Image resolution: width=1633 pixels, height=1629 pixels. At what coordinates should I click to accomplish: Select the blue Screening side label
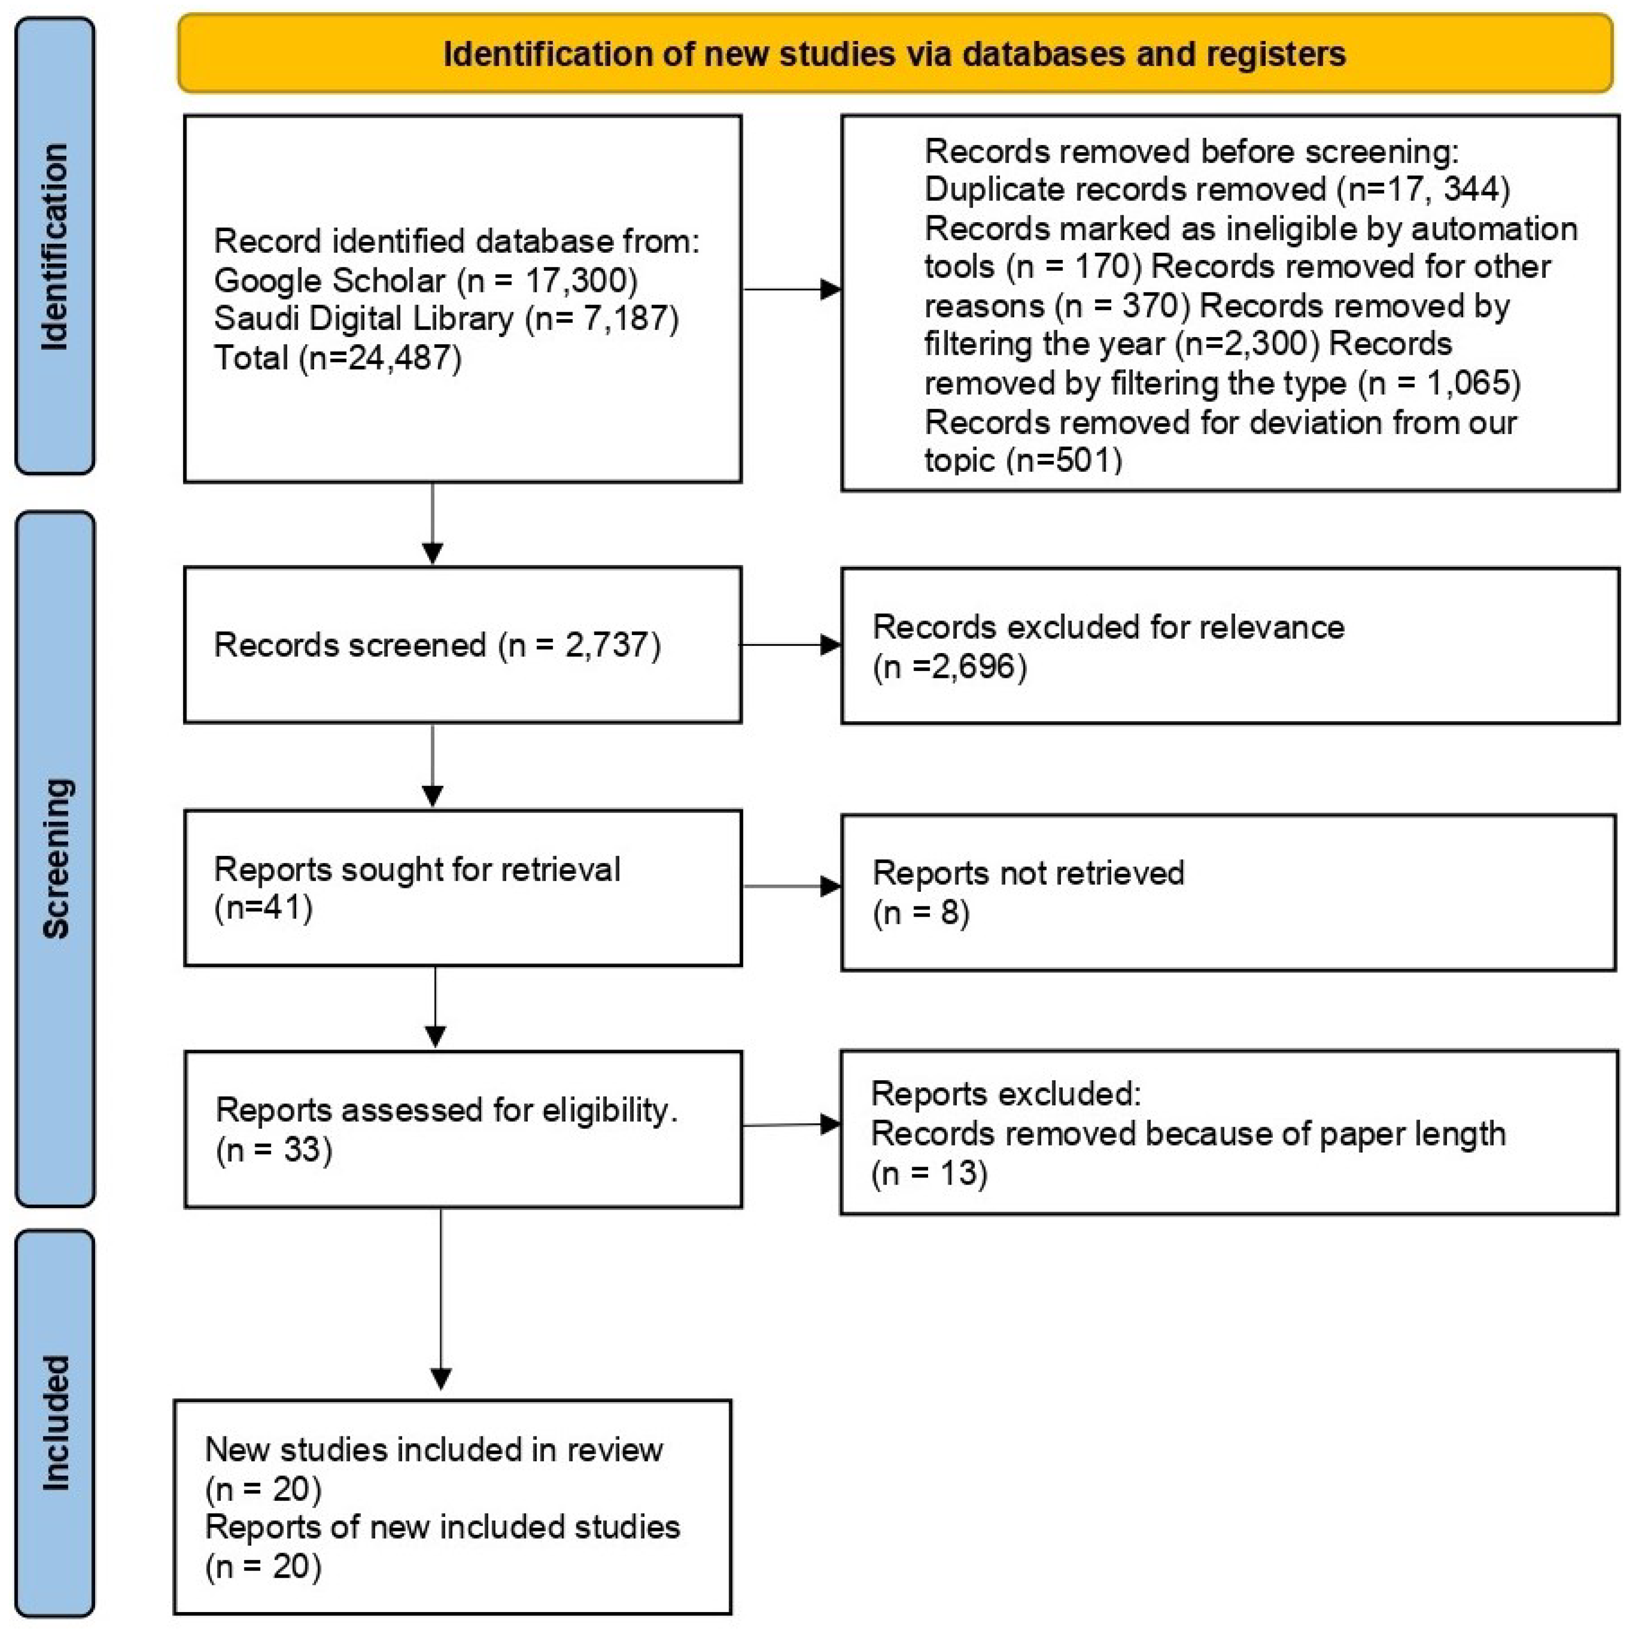(x=55, y=858)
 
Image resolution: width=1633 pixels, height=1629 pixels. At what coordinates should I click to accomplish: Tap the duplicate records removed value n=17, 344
(x=1425, y=188)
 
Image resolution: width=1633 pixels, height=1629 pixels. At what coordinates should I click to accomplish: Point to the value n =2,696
(x=950, y=667)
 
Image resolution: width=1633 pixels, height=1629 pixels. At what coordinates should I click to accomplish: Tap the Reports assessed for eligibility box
(x=462, y=1129)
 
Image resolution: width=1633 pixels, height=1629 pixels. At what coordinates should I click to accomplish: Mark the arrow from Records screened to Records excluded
(x=790, y=645)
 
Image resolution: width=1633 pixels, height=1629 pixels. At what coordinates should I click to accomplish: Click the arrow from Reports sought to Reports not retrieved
(x=790, y=887)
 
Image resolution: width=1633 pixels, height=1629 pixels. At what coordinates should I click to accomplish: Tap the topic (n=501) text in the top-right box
(x=1023, y=460)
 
